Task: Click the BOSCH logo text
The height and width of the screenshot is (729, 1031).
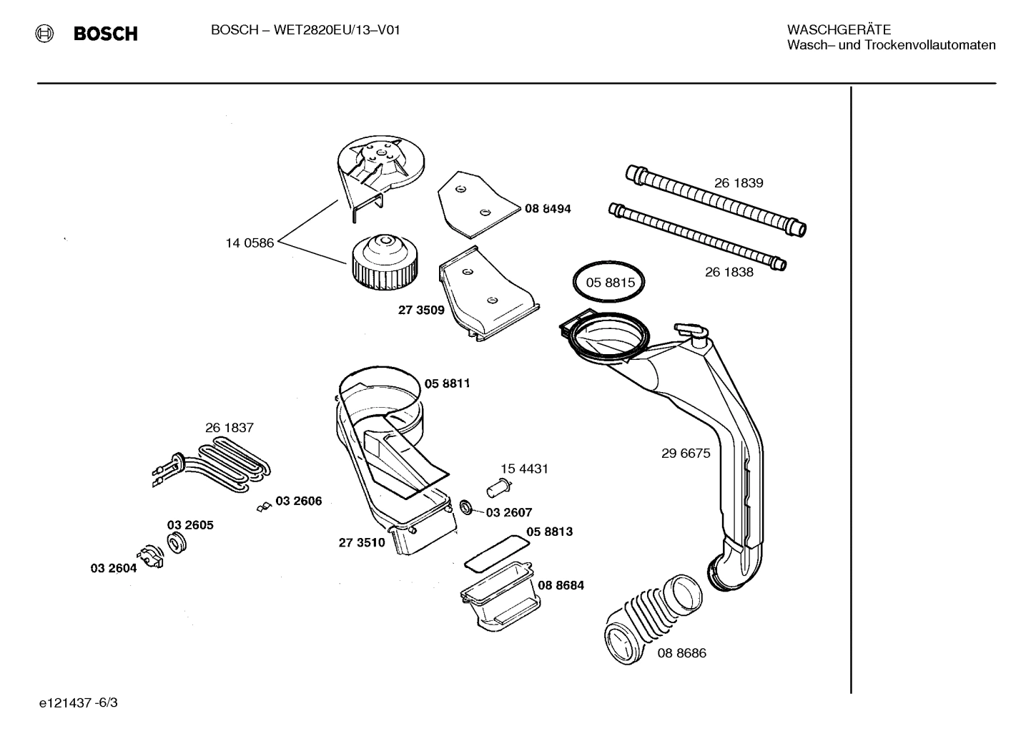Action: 105,34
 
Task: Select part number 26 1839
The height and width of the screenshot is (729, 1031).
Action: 739,183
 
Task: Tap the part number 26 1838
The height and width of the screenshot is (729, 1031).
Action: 729,272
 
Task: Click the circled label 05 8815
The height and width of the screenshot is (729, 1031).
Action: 610,283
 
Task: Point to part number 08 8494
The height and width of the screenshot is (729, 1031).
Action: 548,209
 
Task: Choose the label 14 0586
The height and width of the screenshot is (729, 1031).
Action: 250,243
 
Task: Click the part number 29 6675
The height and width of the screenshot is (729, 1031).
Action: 686,454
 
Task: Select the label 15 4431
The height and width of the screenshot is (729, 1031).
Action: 524,469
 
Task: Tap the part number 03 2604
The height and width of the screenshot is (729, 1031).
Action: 113,568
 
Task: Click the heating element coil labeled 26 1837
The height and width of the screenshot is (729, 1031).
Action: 214,466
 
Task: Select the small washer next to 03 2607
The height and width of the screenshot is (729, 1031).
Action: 466,507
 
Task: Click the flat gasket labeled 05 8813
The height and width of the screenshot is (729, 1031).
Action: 497,551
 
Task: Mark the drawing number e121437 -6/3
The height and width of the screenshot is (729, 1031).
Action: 79,703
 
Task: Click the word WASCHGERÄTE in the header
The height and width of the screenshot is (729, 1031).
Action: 839,30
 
